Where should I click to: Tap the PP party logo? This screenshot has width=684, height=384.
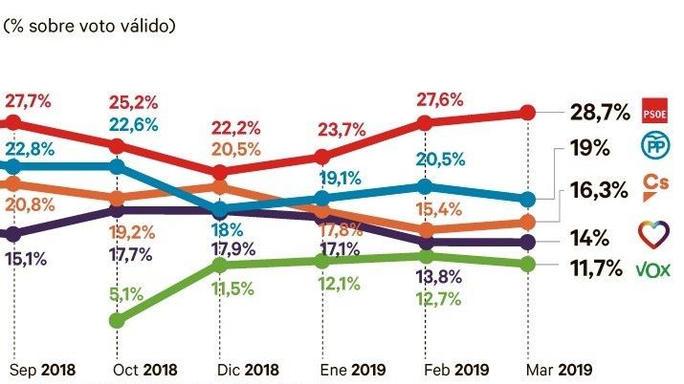pyautogui.click(x=652, y=147)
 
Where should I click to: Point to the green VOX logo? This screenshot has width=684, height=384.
pyautogui.click(x=652, y=269)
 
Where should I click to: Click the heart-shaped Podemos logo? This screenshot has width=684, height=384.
pyautogui.click(x=652, y=232)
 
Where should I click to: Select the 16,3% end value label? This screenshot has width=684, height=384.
pyautogui.click(x=595, y=189)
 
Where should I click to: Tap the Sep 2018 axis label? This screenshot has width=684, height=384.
pyautogui.click(x=42, y=369)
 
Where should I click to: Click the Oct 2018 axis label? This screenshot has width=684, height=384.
pyautogui.click(x=145, y=369)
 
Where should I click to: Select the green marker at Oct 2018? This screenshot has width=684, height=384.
pyautogui.click(x=117, y=319)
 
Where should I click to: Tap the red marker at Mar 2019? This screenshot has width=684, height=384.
pyautogui.click(x=527, y=113)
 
